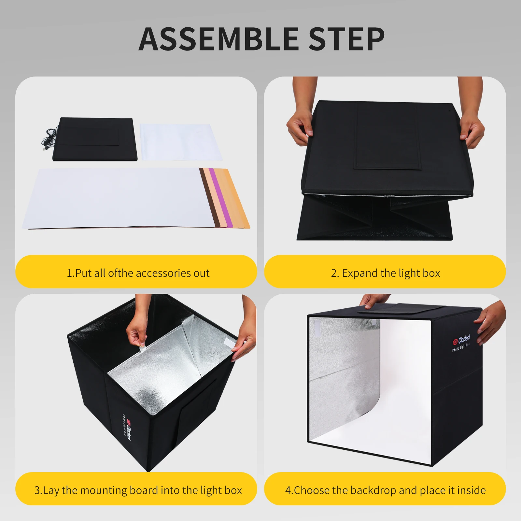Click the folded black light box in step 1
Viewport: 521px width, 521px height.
[x=94, y=139]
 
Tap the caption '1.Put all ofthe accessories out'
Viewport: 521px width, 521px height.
[x=138, y=273]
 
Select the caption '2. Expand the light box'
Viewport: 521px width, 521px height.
[x=385, y=273]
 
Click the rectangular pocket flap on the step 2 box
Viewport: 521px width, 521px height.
[x=387, y=137]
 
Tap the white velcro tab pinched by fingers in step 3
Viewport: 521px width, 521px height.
[x=142, y=349]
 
